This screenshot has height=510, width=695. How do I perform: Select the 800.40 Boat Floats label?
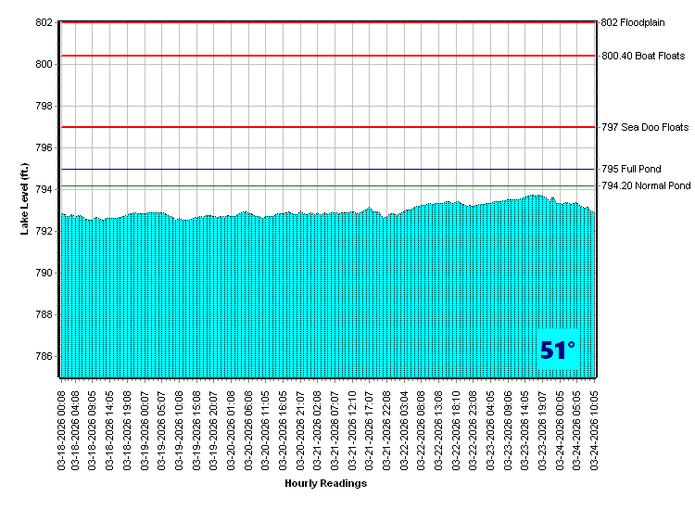[643, 56]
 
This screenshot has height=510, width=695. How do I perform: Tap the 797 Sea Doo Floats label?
[645, 127]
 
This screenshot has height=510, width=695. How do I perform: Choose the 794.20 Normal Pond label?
[646, 186]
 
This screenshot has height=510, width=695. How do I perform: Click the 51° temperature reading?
[558, 351]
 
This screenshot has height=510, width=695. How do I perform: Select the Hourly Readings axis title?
[325, 483]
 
